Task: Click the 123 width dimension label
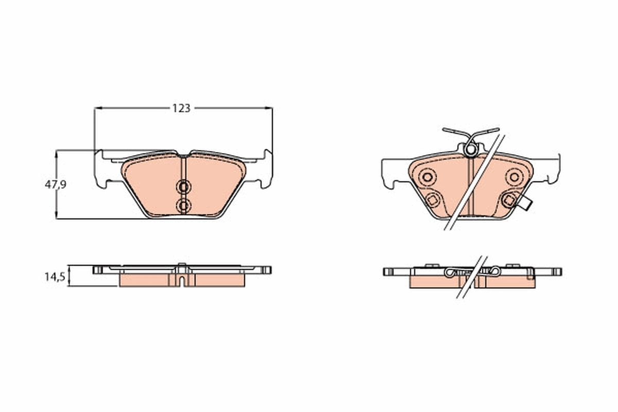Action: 181,108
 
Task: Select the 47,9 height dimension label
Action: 55,184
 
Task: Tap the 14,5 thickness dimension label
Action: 55,277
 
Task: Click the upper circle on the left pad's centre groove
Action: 183,186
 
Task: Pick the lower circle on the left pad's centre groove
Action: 183,205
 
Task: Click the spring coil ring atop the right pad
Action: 470,149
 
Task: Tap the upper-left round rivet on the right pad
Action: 426,177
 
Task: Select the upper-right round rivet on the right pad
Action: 513,177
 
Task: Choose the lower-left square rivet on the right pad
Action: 432,200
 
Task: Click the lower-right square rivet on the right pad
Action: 508,200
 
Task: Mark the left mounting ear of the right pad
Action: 391,173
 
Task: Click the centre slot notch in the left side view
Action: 182,280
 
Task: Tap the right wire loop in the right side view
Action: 494,271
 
